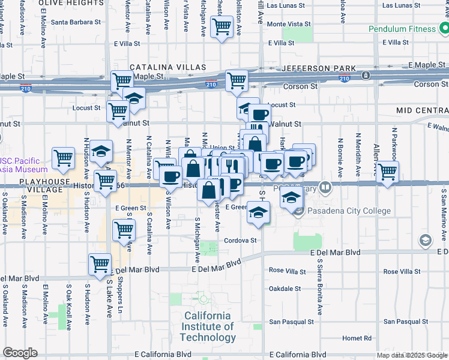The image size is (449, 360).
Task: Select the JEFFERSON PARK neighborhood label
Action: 319,69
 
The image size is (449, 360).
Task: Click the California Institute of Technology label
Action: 208,326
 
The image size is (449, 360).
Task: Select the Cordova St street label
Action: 240,241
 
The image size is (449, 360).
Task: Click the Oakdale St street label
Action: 285,289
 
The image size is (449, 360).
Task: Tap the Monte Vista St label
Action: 289,25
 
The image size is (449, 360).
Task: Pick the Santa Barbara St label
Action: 75,23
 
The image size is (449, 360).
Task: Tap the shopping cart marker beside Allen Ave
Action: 387,172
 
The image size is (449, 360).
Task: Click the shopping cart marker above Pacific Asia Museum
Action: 63,158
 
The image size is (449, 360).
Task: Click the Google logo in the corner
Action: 20,353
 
